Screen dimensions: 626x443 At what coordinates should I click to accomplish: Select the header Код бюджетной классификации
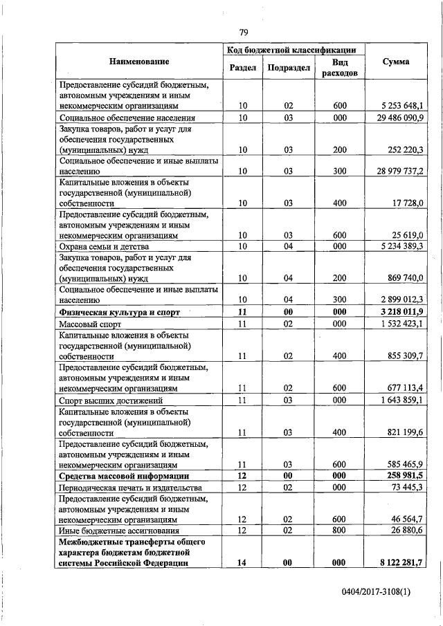[291, 50]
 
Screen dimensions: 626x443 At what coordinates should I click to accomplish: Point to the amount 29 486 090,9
[395, 118]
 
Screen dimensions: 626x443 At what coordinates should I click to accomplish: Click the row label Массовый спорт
[91, 323]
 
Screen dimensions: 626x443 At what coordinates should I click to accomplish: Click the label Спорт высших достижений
[111, 400]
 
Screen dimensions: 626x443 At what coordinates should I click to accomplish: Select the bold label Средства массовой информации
[119, 477]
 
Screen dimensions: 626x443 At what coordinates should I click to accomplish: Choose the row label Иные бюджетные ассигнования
[114, 530]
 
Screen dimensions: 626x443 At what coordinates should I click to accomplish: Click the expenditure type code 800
[338, 530]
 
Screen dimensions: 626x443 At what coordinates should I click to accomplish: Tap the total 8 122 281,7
[397, 563]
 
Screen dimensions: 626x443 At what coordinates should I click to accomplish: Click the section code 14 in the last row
[242, 563]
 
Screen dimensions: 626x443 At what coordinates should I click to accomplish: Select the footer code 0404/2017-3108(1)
[381, 593]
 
